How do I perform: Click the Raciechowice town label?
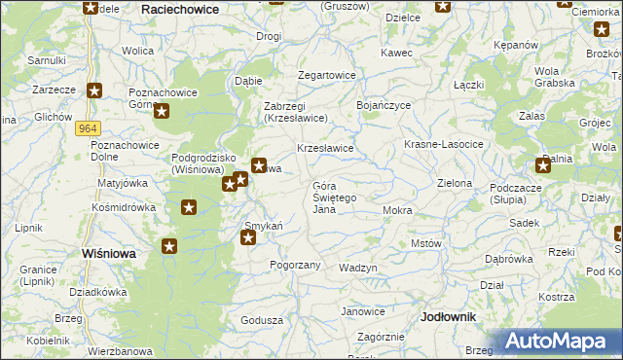coord(180,8)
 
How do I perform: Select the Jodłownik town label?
coord(449,317)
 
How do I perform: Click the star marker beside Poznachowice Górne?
coord(162,111)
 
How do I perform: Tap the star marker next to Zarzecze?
coord(93,91)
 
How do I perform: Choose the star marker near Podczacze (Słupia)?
coord(543,165)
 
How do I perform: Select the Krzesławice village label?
coord(324,148)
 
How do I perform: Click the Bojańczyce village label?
coord(385,104)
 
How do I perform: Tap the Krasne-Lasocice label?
coord(444,144)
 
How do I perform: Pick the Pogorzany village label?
coord(295,264)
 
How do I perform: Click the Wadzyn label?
coord(357,268)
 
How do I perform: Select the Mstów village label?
coord(426,243)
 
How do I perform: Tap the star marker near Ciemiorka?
coord(602,30)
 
